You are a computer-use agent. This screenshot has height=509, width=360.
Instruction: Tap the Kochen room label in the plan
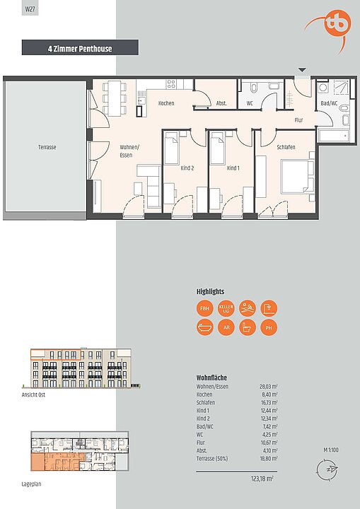(x=166, y=104)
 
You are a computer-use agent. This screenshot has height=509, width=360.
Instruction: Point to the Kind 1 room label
(x=233, y=168)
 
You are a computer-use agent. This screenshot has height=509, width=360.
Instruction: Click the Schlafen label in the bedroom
(x=286, y=147)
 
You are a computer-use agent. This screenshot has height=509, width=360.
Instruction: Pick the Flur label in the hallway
(x=298, y=120)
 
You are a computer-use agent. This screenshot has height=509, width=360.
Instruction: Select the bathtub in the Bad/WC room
(x=332, y=135)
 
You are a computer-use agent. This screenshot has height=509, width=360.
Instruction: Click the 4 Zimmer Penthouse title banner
(x=80, y=49)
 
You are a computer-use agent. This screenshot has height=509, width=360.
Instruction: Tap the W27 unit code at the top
(x=30, y=9)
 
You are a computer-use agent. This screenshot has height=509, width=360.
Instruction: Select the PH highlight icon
(x=269, y=327)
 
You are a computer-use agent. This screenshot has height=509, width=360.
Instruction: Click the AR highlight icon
(x=226, y=327)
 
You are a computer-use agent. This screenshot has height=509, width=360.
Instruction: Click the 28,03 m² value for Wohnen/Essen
(x=268, y=387)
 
